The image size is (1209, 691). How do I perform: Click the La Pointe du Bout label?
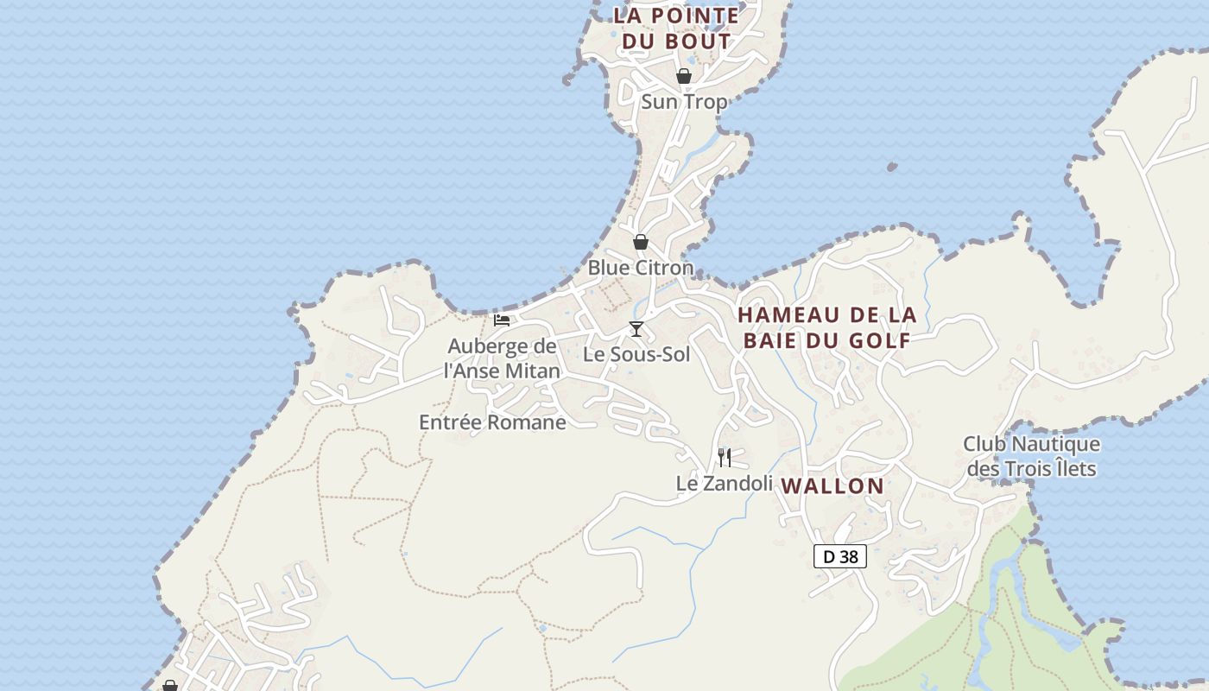676,28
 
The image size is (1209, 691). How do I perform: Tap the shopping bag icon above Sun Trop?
684,76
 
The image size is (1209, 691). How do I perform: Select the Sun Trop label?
684,102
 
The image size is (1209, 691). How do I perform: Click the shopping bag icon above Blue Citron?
641,242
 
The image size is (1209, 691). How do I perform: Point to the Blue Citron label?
641,268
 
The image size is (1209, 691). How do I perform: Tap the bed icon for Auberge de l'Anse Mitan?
502,320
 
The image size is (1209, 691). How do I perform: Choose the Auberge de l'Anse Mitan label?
502,358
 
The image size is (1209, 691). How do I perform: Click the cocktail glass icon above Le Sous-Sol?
636,329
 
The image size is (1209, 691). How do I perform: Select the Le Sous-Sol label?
636,354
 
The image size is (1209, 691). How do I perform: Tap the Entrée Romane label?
492,422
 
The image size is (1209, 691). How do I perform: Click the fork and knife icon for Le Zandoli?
725,458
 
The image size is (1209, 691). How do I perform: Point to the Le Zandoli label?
724,484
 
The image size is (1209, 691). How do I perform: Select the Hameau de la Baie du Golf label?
827,327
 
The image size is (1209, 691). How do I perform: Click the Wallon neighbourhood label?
832,486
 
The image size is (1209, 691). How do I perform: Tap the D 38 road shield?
840,557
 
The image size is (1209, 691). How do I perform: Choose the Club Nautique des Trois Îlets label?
1032,456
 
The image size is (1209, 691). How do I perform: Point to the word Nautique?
1054,444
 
